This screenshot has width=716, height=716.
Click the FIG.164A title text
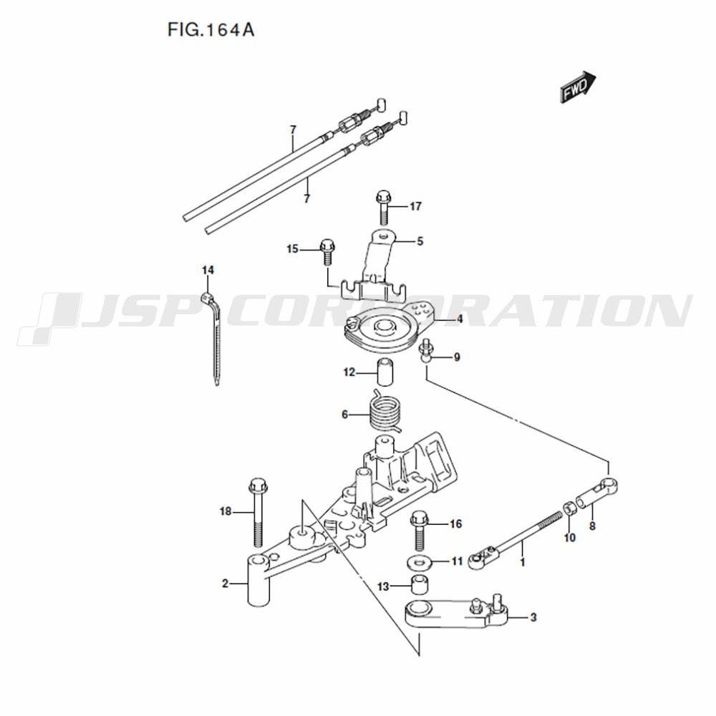211,29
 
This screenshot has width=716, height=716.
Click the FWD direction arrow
578,87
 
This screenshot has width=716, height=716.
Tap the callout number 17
415,206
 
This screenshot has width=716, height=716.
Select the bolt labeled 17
382,208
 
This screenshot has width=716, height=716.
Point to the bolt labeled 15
327,251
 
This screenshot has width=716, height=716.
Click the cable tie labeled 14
213,338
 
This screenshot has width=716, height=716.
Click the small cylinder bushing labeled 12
385,373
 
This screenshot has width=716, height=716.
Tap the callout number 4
460,319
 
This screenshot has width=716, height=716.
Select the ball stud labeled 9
425,351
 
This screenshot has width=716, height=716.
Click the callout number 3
533,618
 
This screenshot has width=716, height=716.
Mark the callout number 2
225,583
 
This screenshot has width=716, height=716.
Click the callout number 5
420,241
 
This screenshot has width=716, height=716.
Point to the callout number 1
523,561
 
